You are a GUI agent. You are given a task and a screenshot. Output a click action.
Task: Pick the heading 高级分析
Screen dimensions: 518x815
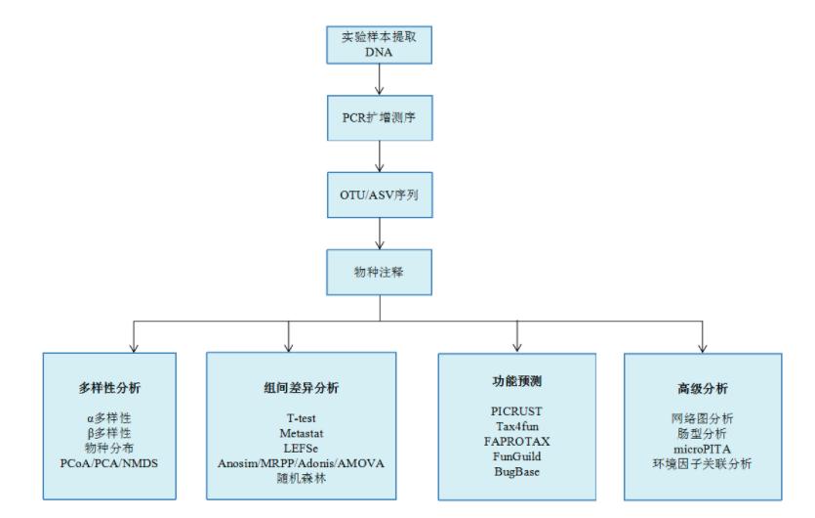tap(701, 387)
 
